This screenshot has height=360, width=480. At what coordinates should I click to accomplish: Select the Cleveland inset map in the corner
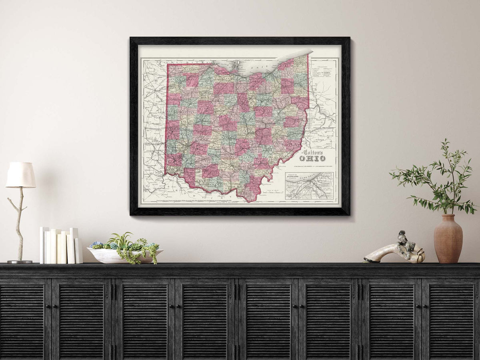(x=309, y=186)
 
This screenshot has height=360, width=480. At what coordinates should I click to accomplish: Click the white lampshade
(x=20, y=175)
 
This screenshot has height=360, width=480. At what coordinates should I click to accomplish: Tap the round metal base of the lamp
(x=20, y=262)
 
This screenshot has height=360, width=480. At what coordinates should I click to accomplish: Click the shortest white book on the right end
(x=78, y=251)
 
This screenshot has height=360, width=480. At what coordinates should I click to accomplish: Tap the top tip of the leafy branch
(x=444, y=141)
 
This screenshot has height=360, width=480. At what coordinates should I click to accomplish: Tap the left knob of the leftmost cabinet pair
(x=47, y=306)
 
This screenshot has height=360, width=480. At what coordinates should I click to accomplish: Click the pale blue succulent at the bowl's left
(x=96, y=245)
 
